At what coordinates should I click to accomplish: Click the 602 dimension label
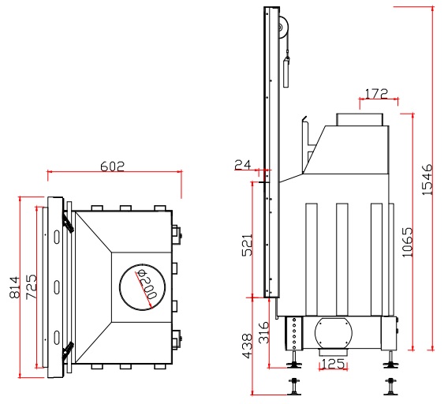coord(113,166)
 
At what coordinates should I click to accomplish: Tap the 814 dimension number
coord(15,287)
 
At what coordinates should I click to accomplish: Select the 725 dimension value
coord(31,286)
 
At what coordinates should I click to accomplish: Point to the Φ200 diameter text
coord(147,284)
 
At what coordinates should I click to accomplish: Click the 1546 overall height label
coord(427,179)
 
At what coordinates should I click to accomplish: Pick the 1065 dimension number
coord(408,242)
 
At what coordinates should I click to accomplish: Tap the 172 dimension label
coord(376,93)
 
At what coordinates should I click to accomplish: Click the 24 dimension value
coord(243,165)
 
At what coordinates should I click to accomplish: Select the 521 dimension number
coord(247,245)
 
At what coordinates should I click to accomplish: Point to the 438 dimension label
coord(247,346)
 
